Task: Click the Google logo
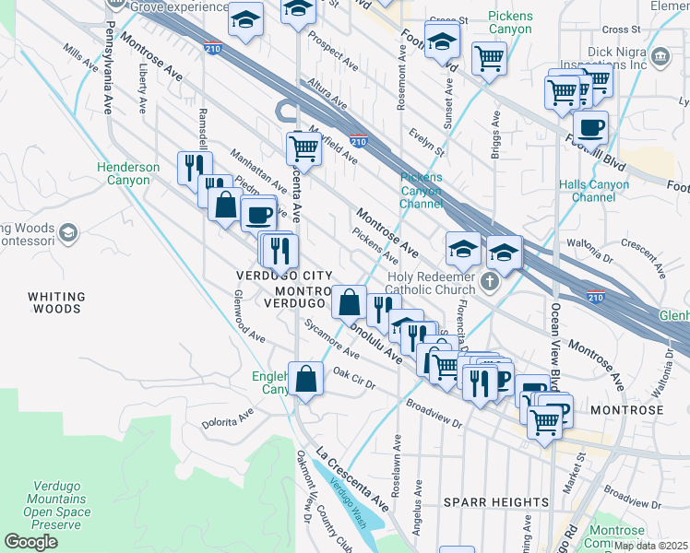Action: pyautogui.click(x=31, y=542)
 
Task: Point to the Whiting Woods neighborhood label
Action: pyautogui.click(x=56, y=303)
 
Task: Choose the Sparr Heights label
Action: pyautogui.click(x=496, y=502)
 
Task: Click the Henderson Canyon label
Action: pyautogui.click(x=128, y=174)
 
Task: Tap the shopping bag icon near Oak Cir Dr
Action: pyautogui.click(x=306, y=378)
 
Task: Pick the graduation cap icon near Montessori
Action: pyautogui.click(x=67, y=233)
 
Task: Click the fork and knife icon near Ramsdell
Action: pyautogui.click(x=194, y=167)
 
